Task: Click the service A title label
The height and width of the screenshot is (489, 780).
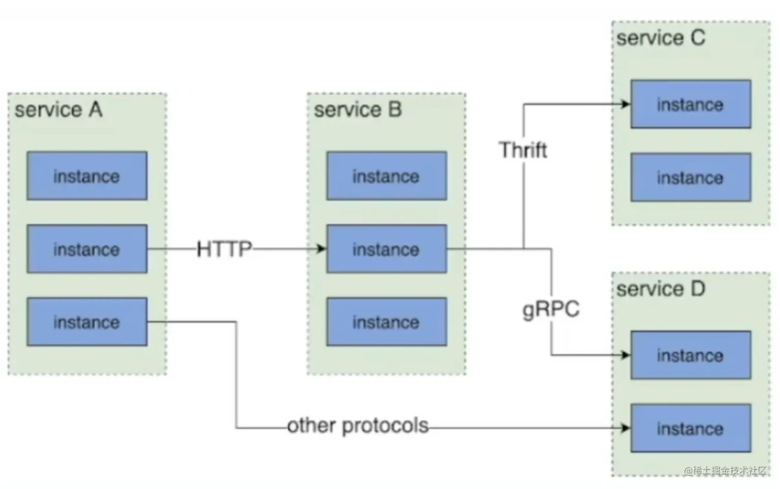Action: tap(58, 110)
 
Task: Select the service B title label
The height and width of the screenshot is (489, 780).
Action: tap(358, 110)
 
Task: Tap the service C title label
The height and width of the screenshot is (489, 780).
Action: tap(660, 38)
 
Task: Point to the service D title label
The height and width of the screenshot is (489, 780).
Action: tap(660, 289)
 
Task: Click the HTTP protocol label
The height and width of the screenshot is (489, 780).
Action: tap(224, 249)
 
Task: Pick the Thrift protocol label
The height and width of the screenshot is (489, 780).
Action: tap(523, 150)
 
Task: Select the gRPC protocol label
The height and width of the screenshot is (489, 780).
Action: tap(551, 309)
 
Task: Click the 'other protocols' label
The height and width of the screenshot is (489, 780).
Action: tap(358, 426)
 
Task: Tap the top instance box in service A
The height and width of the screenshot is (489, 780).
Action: tap(87, 176)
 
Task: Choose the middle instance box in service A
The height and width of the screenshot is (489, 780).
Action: tap(87, 249)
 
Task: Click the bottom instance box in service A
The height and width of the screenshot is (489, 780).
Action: tap(87, 322)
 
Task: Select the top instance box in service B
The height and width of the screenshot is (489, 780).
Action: tap(386, 176)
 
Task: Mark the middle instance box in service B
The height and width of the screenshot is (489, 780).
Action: tap(386, 249)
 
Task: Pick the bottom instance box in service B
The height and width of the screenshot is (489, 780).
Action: tap(386, 322)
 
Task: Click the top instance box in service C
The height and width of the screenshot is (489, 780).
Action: tap(690, 104)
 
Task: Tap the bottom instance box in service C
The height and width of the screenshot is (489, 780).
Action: tap(690, 177)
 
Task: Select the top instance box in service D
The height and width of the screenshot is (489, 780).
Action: tap(690, 355)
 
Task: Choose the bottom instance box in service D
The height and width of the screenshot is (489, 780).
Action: tap(690, 428)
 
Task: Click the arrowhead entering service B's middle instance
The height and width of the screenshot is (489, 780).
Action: tap(321, 249)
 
